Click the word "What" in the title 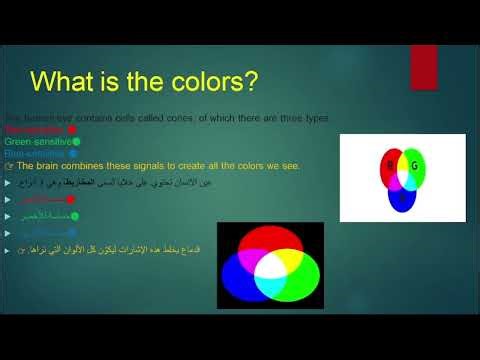pos(69,78)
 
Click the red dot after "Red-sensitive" pos(72,130)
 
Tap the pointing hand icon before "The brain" pos(9,166)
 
